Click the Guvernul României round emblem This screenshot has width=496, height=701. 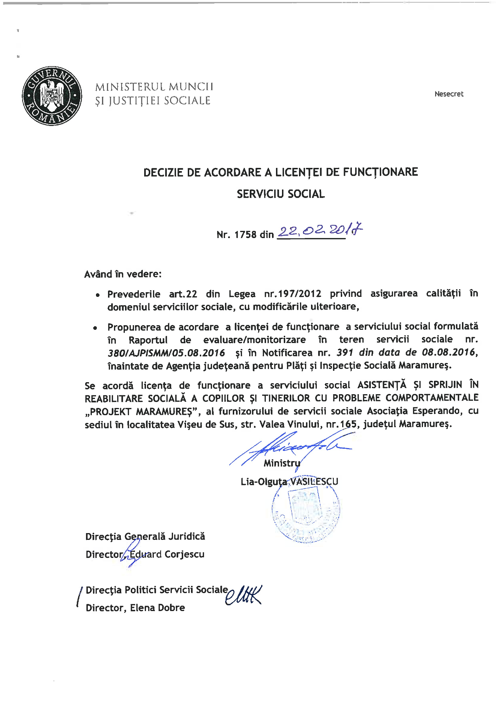52,96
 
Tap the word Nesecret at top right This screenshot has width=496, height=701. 449,94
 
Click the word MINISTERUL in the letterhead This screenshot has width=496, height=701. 130,87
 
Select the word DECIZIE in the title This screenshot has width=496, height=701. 163,173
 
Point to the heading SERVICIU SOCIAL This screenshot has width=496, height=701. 281,194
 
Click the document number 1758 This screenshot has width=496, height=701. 245,234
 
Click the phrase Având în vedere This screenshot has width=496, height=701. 123,274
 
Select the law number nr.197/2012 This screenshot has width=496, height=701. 293,294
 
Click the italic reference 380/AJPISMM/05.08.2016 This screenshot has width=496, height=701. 166,353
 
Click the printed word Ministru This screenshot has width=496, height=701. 282,463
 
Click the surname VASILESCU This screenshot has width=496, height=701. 314,481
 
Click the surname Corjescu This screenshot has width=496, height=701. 184,554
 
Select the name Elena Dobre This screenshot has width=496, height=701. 157,608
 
